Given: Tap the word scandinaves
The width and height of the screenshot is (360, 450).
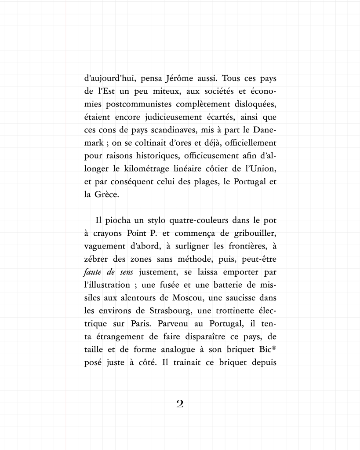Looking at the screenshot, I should pos(173,131).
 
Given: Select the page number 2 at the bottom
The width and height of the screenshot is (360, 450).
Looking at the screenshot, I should pos(180,404).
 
